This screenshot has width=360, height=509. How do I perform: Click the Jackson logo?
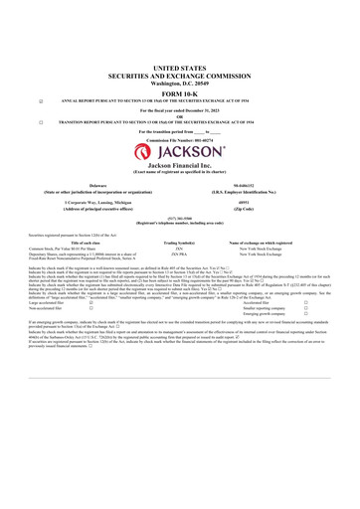180,152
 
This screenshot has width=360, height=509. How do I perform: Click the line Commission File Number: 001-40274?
180,140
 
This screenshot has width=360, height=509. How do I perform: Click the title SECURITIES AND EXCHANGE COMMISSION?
180,75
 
